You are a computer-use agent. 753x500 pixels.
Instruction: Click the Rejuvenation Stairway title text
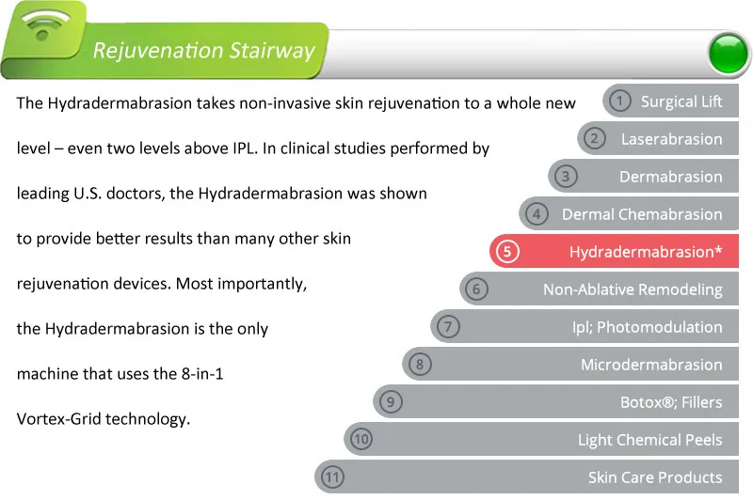click(203, 51)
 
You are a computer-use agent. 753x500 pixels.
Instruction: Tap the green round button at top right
click(728, 54)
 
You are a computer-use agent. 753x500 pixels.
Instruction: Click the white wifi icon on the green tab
click(44, 24)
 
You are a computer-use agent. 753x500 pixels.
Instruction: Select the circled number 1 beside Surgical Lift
click(619, 102)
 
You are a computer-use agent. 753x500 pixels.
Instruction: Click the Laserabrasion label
click(671, 139)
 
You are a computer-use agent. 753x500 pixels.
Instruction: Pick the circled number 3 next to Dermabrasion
click(566, 177)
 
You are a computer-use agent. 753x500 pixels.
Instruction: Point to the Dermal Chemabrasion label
click(642, 213)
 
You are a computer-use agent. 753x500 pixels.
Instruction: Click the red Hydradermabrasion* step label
click(646, 252)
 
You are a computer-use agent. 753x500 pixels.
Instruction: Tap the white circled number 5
click(507, 251)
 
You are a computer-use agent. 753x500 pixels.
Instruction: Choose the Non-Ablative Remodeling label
click(633, 289)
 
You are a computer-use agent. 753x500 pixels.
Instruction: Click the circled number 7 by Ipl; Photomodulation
click(448, 326)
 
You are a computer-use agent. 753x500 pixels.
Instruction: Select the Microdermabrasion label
click(651, 365)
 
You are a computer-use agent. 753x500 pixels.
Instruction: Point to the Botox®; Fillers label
click(671, 401)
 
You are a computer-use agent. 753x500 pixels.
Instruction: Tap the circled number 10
click(361, 439)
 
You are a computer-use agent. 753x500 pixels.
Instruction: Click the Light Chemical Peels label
click(649, 440)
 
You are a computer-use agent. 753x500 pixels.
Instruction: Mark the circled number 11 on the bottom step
click(332, 477)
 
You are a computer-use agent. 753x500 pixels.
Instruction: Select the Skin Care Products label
click(655, 477)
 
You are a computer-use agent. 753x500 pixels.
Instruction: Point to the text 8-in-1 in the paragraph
click(202, 373)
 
